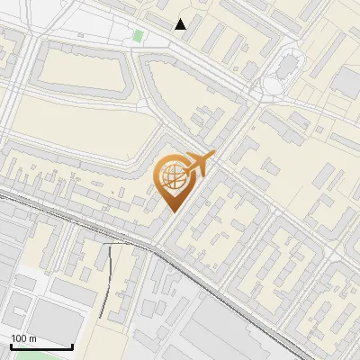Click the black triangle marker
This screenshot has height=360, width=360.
[x=181, y=24]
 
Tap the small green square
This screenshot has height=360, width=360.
[x=138, y=36]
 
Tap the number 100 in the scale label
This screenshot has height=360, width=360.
[x=19, y=338]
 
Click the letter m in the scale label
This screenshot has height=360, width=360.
[x=32, y=338]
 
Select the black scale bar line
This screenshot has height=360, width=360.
[x=41, y=346]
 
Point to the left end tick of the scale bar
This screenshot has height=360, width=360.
[x=11, y=345]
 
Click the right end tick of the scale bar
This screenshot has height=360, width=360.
[x=72, y=345]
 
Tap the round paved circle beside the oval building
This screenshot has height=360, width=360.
[x=272, y=85]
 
